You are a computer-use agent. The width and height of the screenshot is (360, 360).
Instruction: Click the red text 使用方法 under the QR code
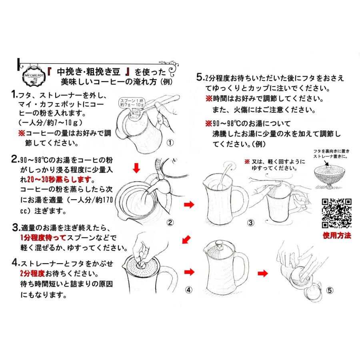pos(336,235)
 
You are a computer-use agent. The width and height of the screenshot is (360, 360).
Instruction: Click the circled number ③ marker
pos(250,222)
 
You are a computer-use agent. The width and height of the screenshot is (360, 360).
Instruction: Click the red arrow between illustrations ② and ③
pos(187,205)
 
